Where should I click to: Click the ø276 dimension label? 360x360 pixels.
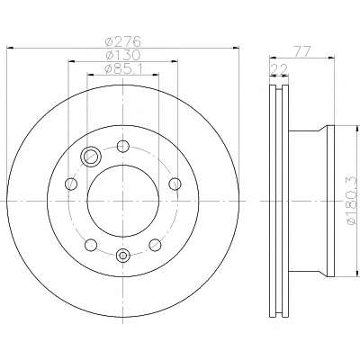[123, 41]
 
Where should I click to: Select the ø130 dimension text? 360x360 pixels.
[123, 55]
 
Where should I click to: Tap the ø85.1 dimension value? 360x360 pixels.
[124, 69]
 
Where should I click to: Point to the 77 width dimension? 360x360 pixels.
[301, 51]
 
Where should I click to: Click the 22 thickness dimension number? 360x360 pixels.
[279, 69]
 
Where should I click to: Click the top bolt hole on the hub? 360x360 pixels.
[123, 146]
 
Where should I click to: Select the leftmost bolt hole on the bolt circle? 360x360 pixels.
[71, 183]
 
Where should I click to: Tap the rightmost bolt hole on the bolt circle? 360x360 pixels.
[175, 184]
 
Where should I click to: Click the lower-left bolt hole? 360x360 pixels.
[91, 245]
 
